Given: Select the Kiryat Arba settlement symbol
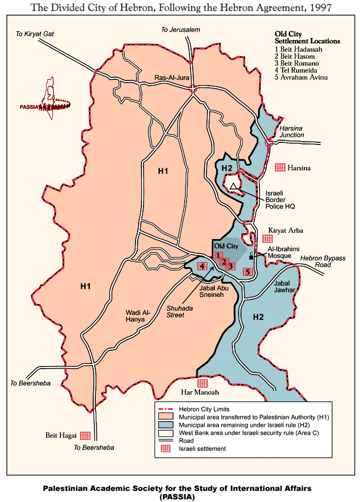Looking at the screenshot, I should tap(267, 239).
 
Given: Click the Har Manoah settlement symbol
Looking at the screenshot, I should tap(202, 383).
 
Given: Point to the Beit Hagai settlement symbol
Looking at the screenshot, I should tap(85, 435).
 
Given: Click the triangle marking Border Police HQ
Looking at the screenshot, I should tap(233, 186).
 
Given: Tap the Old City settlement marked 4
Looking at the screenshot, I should tap(202, 266).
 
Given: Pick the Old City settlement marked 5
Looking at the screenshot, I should tap(247, 272).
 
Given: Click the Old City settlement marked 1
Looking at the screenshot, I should tap(218, 255).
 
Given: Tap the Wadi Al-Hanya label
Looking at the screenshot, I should tap(139, 316).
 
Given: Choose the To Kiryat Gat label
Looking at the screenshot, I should tap(35, 34).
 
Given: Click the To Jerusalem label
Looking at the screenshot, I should tap(181, 30).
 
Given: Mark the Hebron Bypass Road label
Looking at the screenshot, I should tap(323, 261).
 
